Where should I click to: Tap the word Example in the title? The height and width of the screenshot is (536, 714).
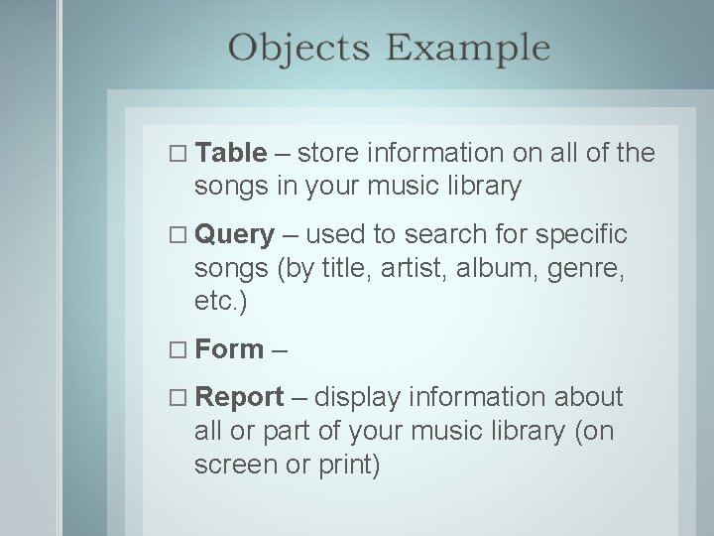tap(466, 49)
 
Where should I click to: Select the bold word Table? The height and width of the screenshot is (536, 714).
tap(231, 153)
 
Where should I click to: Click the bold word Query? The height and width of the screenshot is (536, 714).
tap(235, 235)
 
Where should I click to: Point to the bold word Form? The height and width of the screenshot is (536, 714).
tap(229, 348)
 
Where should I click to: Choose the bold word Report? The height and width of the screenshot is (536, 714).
tap(239, 397)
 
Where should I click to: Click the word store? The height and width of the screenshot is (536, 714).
tap(328, 153)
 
